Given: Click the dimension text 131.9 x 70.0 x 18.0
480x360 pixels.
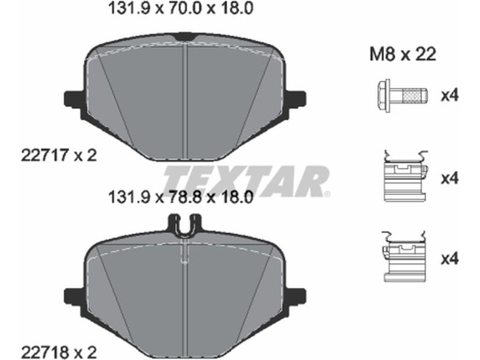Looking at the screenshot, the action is click(x=181, y=8).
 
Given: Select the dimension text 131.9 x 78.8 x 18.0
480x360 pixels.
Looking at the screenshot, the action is click(x=181, y=197).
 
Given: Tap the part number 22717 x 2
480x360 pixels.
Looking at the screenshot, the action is click(x=59, y=155).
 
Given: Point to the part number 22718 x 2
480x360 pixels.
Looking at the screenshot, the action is click(x=59, y=352).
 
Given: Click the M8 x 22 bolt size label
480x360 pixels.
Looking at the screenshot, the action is click(x=403, y=55).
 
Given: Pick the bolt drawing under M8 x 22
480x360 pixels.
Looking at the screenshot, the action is click(x=402, y=96).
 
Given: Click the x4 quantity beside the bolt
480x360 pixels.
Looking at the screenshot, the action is click(x=449, y=96).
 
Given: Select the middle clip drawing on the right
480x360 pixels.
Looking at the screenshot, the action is click(x=404, y=176).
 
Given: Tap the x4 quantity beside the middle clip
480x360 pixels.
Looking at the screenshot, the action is click(x=449, y=178).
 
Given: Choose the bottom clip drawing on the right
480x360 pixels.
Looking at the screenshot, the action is click(x=403, y=257).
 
